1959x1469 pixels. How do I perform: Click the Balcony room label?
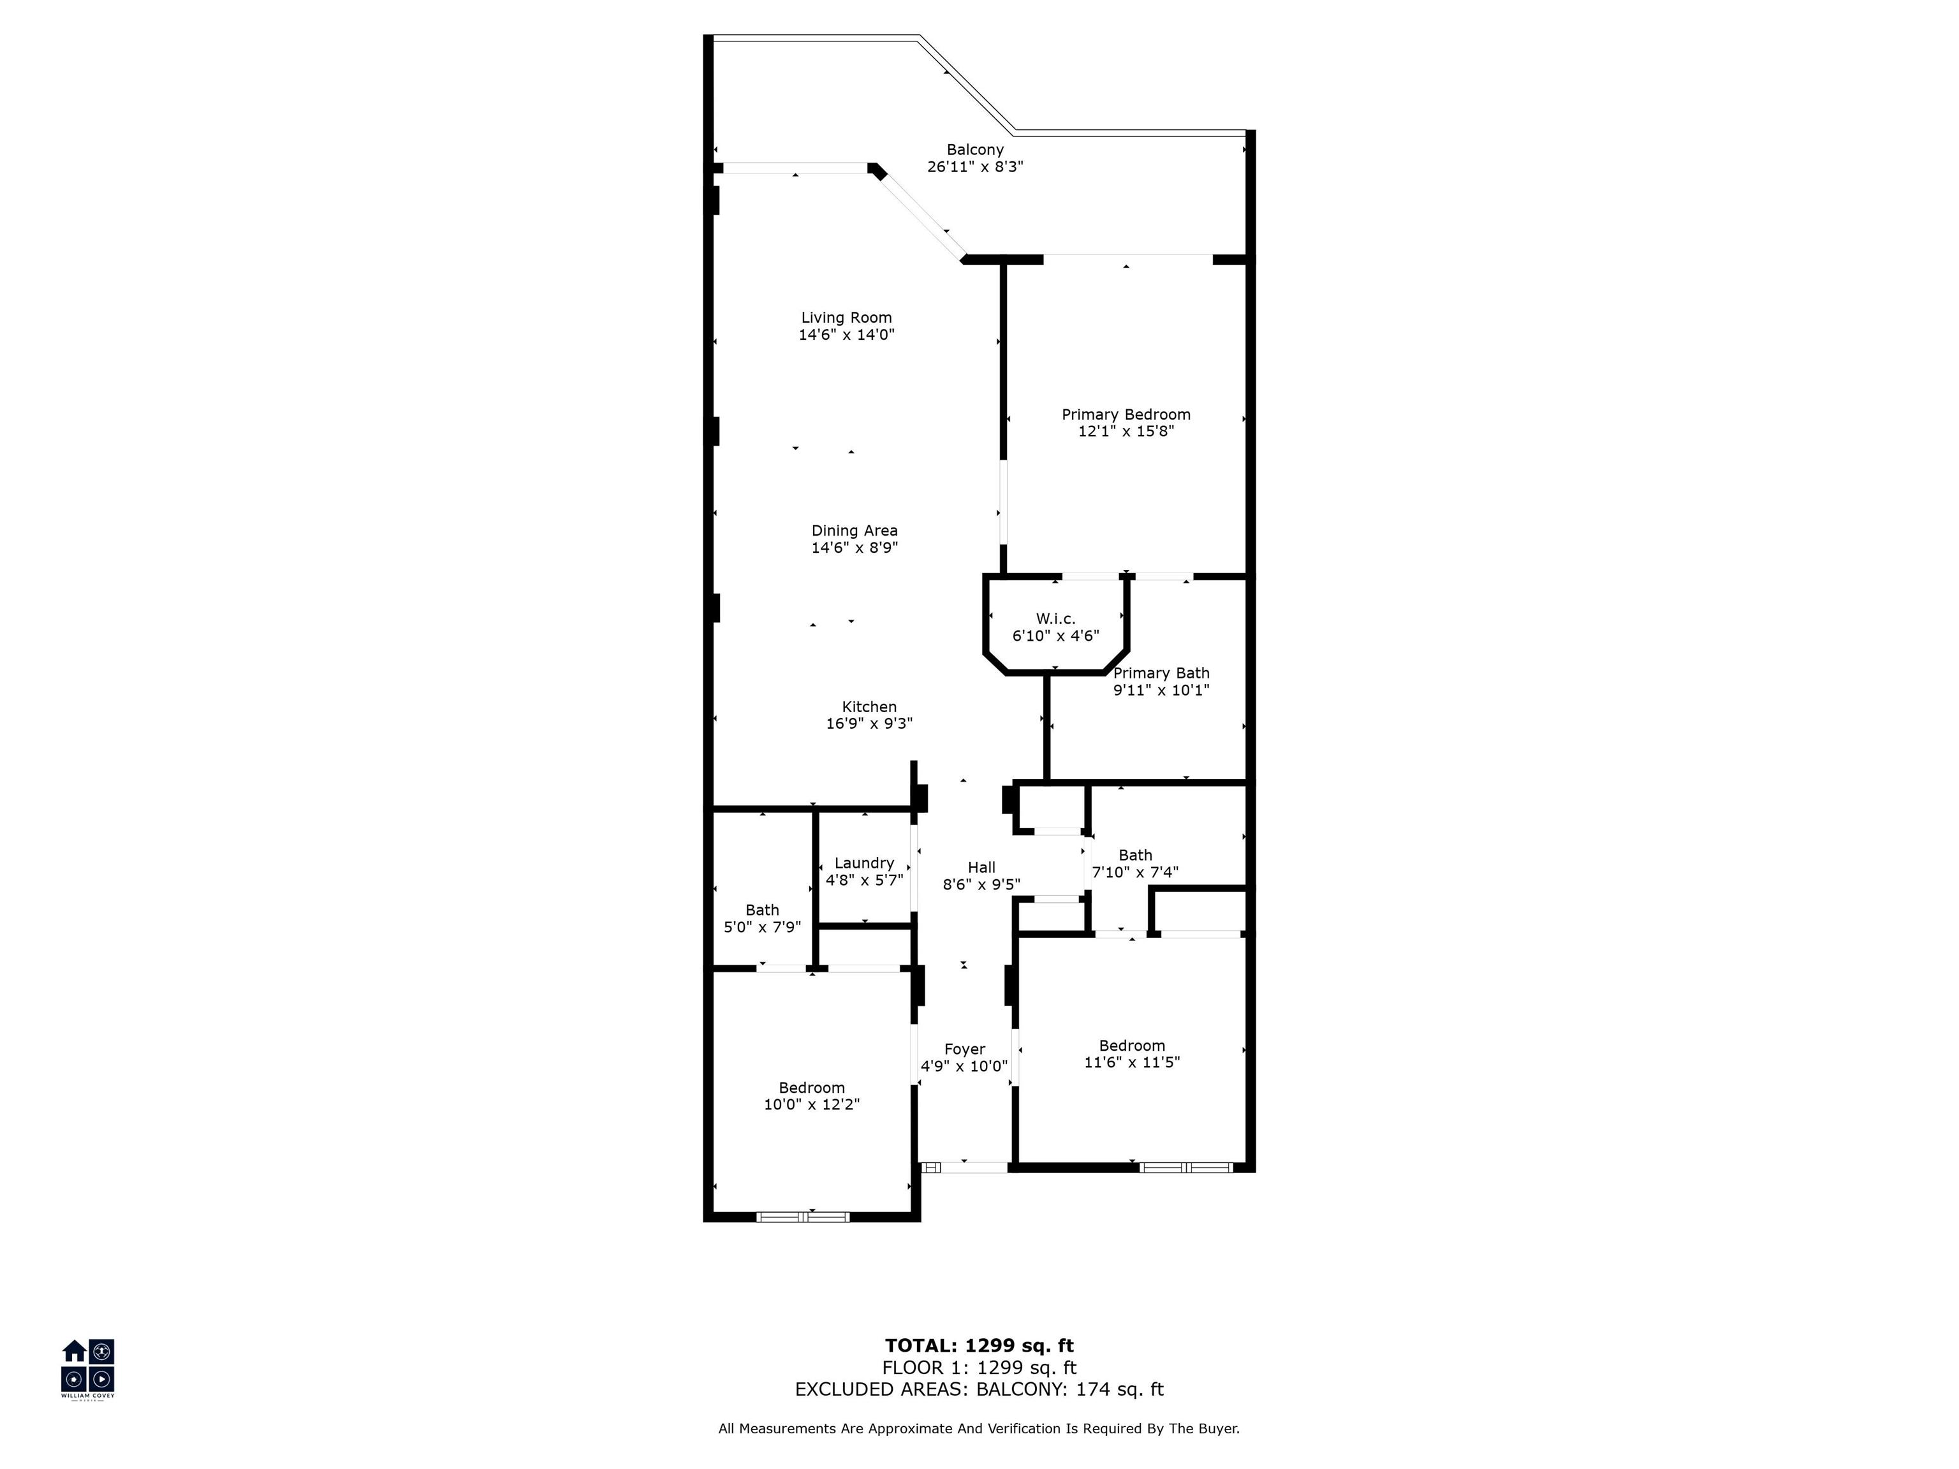[975, 150]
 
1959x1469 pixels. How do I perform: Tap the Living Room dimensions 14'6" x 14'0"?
[847, 335]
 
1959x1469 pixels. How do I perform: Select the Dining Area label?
[855, 530]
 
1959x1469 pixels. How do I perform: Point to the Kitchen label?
[869, 706]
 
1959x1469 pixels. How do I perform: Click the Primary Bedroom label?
[1126, 414]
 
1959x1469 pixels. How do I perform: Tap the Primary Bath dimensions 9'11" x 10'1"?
[1161, 690]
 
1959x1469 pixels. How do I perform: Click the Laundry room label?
[864, 863]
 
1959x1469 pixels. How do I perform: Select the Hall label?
[981, 868]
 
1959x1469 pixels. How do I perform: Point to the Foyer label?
[964, 1049]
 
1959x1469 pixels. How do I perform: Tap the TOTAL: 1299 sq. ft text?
[979, 1346]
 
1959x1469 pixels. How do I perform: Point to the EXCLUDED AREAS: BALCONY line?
[979, 1389]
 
